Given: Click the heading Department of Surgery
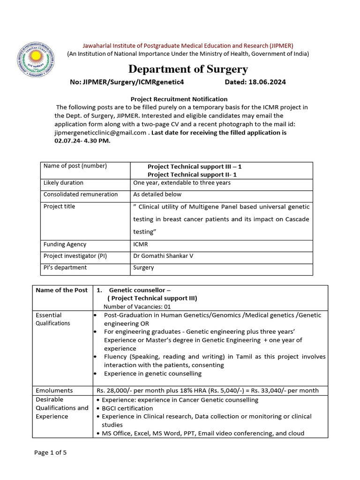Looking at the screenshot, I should coord(188,69).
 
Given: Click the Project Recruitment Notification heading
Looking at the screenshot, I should coord(179,99).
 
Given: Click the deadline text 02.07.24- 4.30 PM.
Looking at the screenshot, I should coord(82,141).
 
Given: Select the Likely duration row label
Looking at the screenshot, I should coord(63,182).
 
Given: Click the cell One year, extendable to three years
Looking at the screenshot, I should coord(182,182).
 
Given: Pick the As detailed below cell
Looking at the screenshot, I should coord(157,194).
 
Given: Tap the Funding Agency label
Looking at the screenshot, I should coord(65,244).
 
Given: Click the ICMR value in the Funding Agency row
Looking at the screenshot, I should coord(141,244).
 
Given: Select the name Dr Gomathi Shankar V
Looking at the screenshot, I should coord(162,256).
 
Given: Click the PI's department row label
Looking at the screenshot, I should coord(65,268).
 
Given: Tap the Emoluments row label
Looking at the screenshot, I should coord(54,390).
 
